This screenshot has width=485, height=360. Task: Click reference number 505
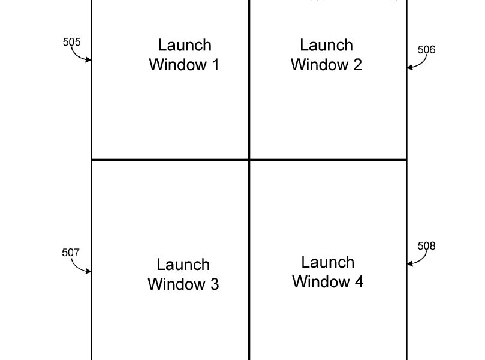tap(71, 42)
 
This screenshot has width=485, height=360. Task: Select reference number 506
tap(426, 50)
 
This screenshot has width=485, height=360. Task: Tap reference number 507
tap(71, 253)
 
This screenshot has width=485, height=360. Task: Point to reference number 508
tap(426, 246)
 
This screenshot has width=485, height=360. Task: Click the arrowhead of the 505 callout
tap(89, 60)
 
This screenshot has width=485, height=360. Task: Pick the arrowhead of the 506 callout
tap(409, 67)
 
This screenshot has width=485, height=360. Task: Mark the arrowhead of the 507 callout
tap(89, 271)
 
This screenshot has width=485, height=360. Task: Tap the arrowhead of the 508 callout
tap(409, 264)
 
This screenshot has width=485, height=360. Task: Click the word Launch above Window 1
tap(185, 45)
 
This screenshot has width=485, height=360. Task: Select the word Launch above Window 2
tap(327, 45)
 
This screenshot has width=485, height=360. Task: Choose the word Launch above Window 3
tap(183, 265)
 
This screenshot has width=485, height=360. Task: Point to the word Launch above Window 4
tap(328, 262)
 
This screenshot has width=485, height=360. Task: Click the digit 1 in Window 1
tap(216, 65)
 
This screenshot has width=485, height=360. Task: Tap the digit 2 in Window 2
tap(357, 65)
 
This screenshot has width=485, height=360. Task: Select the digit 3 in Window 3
tap(215, 284)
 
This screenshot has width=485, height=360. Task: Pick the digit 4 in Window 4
tap(359, 282)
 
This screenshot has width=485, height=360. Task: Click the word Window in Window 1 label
tap(178, 65)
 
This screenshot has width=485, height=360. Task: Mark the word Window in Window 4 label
tap(321, 282)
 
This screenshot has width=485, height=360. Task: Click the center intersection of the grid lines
tap(249, 160)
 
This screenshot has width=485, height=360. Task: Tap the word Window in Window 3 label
tap(176, 284)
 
